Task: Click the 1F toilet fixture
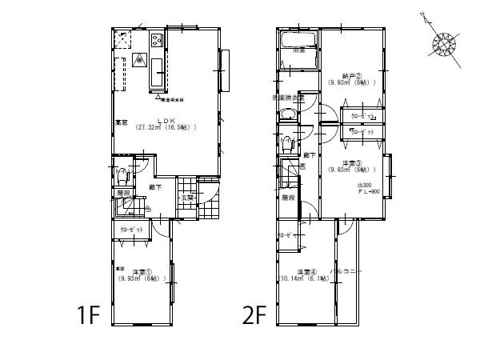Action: [x=122, y=174]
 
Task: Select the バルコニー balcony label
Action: [x=349, y=271]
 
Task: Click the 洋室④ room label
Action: [x=304, y=271]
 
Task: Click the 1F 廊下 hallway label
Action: [x=155, y=186]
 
